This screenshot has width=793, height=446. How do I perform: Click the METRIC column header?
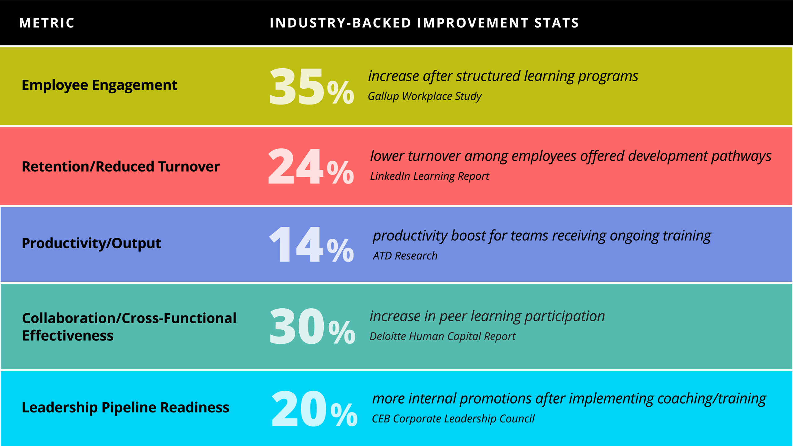pyautogui.click(x=47, y=23)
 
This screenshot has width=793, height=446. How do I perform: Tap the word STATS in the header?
pyautogui.click(x=556, y=23)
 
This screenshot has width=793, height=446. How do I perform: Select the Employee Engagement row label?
pyautogui.click(x=99, y=85)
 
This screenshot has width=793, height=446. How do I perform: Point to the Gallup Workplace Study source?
pyautogui.click(x=424, y=96)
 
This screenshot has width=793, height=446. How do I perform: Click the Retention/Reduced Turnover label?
pyautogui.click(x=120, y=167)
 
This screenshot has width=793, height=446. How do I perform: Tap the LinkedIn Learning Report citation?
pyautogui.click(x=429, y=176)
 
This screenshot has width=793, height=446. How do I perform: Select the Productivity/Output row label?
pyautogui.click(x=91, y=243)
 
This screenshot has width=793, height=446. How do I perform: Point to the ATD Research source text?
pyautogui.click(x=405, y=256)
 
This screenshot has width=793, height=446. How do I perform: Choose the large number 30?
pyautogui.click(x=296, y=327)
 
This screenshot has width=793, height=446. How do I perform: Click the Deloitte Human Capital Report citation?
pyautogui.click(x=442, y=337)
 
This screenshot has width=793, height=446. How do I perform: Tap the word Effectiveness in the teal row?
pyautogui.click(x=68, y=336)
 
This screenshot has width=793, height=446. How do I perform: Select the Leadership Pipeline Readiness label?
pyautogui.click(x=125, y=408)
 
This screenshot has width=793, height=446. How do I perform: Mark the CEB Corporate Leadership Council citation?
pyautogui.click(x=453, y=419)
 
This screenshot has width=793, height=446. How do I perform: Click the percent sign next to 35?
pyautogui.click(x=340, y=92)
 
